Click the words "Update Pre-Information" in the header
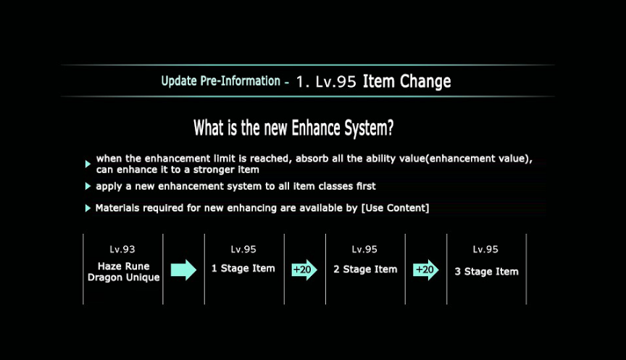(221, 81)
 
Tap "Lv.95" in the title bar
(335, 82)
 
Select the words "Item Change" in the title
(406, 81)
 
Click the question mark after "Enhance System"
(390, 127)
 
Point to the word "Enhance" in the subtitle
(316, 127)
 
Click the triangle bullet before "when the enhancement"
(88, 164)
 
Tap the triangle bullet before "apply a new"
(88, 186)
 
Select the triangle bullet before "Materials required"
(88, 208)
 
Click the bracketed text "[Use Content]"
(396, 208)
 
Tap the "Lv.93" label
(122, 249)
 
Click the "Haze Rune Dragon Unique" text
(124, 272)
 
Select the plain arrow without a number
(183, 269)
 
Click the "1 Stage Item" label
(243, 269)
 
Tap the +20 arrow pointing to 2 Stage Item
(304, 269)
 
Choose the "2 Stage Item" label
(365, 269)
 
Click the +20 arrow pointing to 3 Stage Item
(426, 269)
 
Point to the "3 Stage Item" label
(487, 272)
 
